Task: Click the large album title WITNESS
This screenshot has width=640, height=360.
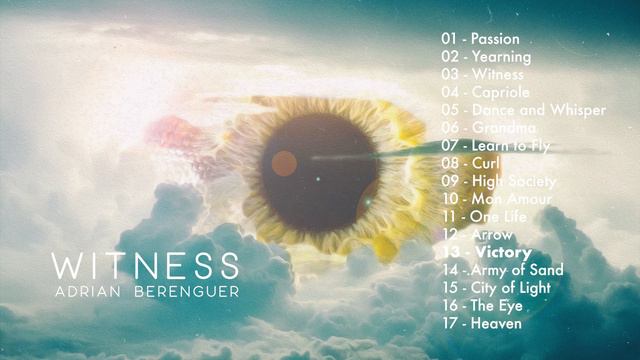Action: point(145,267)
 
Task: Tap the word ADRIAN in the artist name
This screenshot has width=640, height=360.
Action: point(89,291)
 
